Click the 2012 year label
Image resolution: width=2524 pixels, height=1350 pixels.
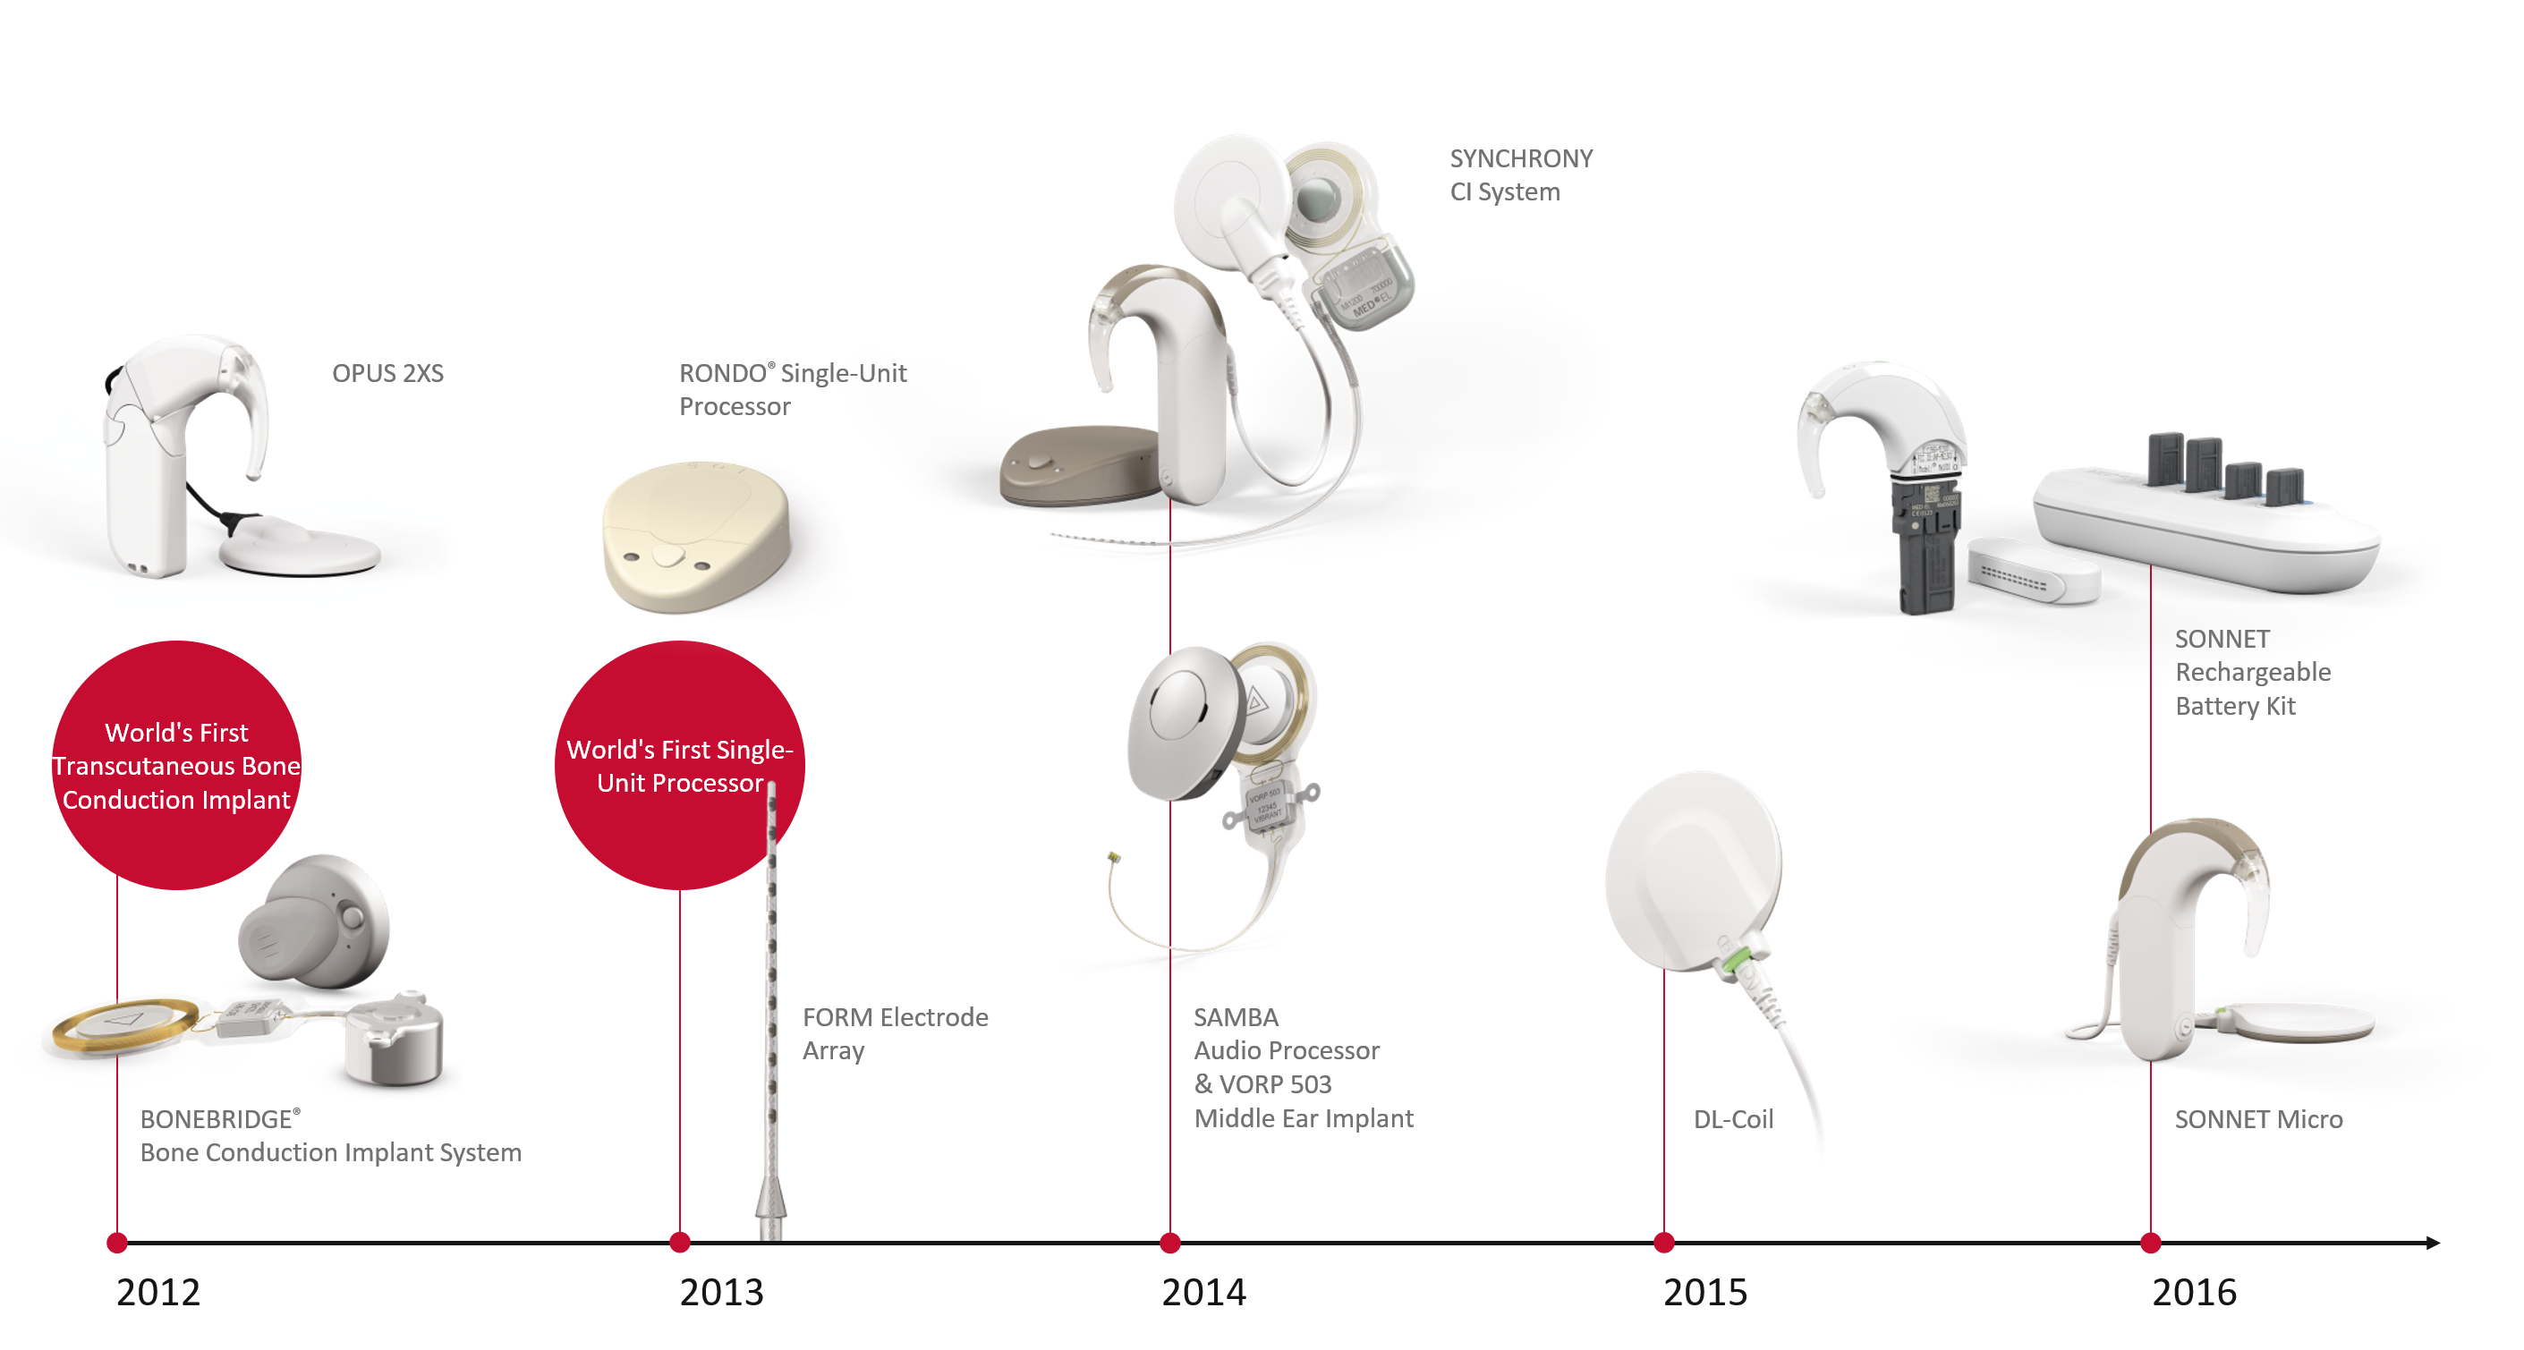tap(157, 1292)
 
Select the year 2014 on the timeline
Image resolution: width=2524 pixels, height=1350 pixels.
tap(1203, 1292)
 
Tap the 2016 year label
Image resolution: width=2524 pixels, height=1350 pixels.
tap(2194, 1292)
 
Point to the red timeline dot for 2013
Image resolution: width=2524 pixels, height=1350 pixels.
tap(680, 1243)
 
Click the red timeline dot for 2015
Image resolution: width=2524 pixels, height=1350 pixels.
tap(1663, 1243)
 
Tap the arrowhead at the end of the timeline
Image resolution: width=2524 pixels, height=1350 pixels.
tap(2432, 1243)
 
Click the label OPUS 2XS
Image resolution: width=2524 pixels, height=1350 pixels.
tap(387, 373)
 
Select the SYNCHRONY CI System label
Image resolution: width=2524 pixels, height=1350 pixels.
tap(1521, 174)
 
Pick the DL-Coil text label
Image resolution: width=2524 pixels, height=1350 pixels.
tap(1732, 1119)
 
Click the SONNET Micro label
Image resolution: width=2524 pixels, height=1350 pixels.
tap(2258, 1119)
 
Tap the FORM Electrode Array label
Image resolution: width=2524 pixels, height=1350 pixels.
tap(895, 1033)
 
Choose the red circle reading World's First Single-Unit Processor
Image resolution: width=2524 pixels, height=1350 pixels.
tap(679, 765)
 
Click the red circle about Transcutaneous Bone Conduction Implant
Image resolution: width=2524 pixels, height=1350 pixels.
tap(176, 765)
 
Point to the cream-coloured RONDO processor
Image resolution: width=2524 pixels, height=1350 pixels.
tap(696, 537)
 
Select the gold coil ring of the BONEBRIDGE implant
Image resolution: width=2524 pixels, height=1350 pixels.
tap(125, 1023)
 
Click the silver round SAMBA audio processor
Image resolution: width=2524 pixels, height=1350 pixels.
tap(1186, 721)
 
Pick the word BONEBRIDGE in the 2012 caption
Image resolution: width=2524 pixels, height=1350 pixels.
tap(216, 1119)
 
